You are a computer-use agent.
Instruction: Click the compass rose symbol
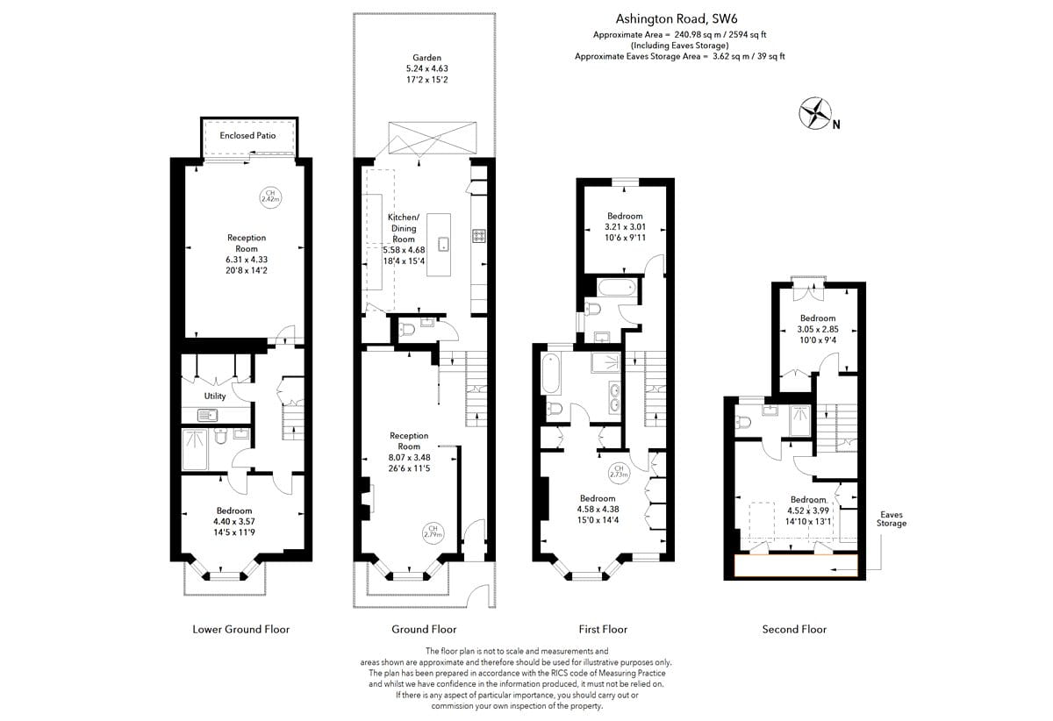click(x=815, y=113)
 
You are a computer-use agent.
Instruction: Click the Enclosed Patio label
click(x=247, y=135)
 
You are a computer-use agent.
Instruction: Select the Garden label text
click(x=426, y=58)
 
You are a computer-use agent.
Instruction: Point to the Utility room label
click(x=215, y=396)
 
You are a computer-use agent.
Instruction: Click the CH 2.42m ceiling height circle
click(x=270, y=196)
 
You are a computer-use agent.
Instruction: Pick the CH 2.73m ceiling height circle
click(x=619, y=471)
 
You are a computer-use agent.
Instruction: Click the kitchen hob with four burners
click(x=479, y=235)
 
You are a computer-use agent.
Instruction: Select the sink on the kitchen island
click(x=443, y=244)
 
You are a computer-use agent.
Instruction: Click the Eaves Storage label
click(x=892, y=519)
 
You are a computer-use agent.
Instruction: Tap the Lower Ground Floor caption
click(x=240, y=630)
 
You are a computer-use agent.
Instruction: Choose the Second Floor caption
click(x=794, y=630)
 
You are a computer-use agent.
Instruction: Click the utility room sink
click(x=207, y=415)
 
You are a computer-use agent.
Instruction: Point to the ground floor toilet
click(x=406, y=329)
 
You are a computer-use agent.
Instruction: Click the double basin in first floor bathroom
click(x=614, y=398)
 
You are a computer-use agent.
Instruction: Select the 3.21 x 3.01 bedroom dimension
click(x=625, y=226)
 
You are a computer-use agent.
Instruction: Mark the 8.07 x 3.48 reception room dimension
click(x=409, y=457)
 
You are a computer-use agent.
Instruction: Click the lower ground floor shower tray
click(x=195, y=449)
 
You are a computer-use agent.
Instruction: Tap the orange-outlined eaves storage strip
click(x=796, y=566)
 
